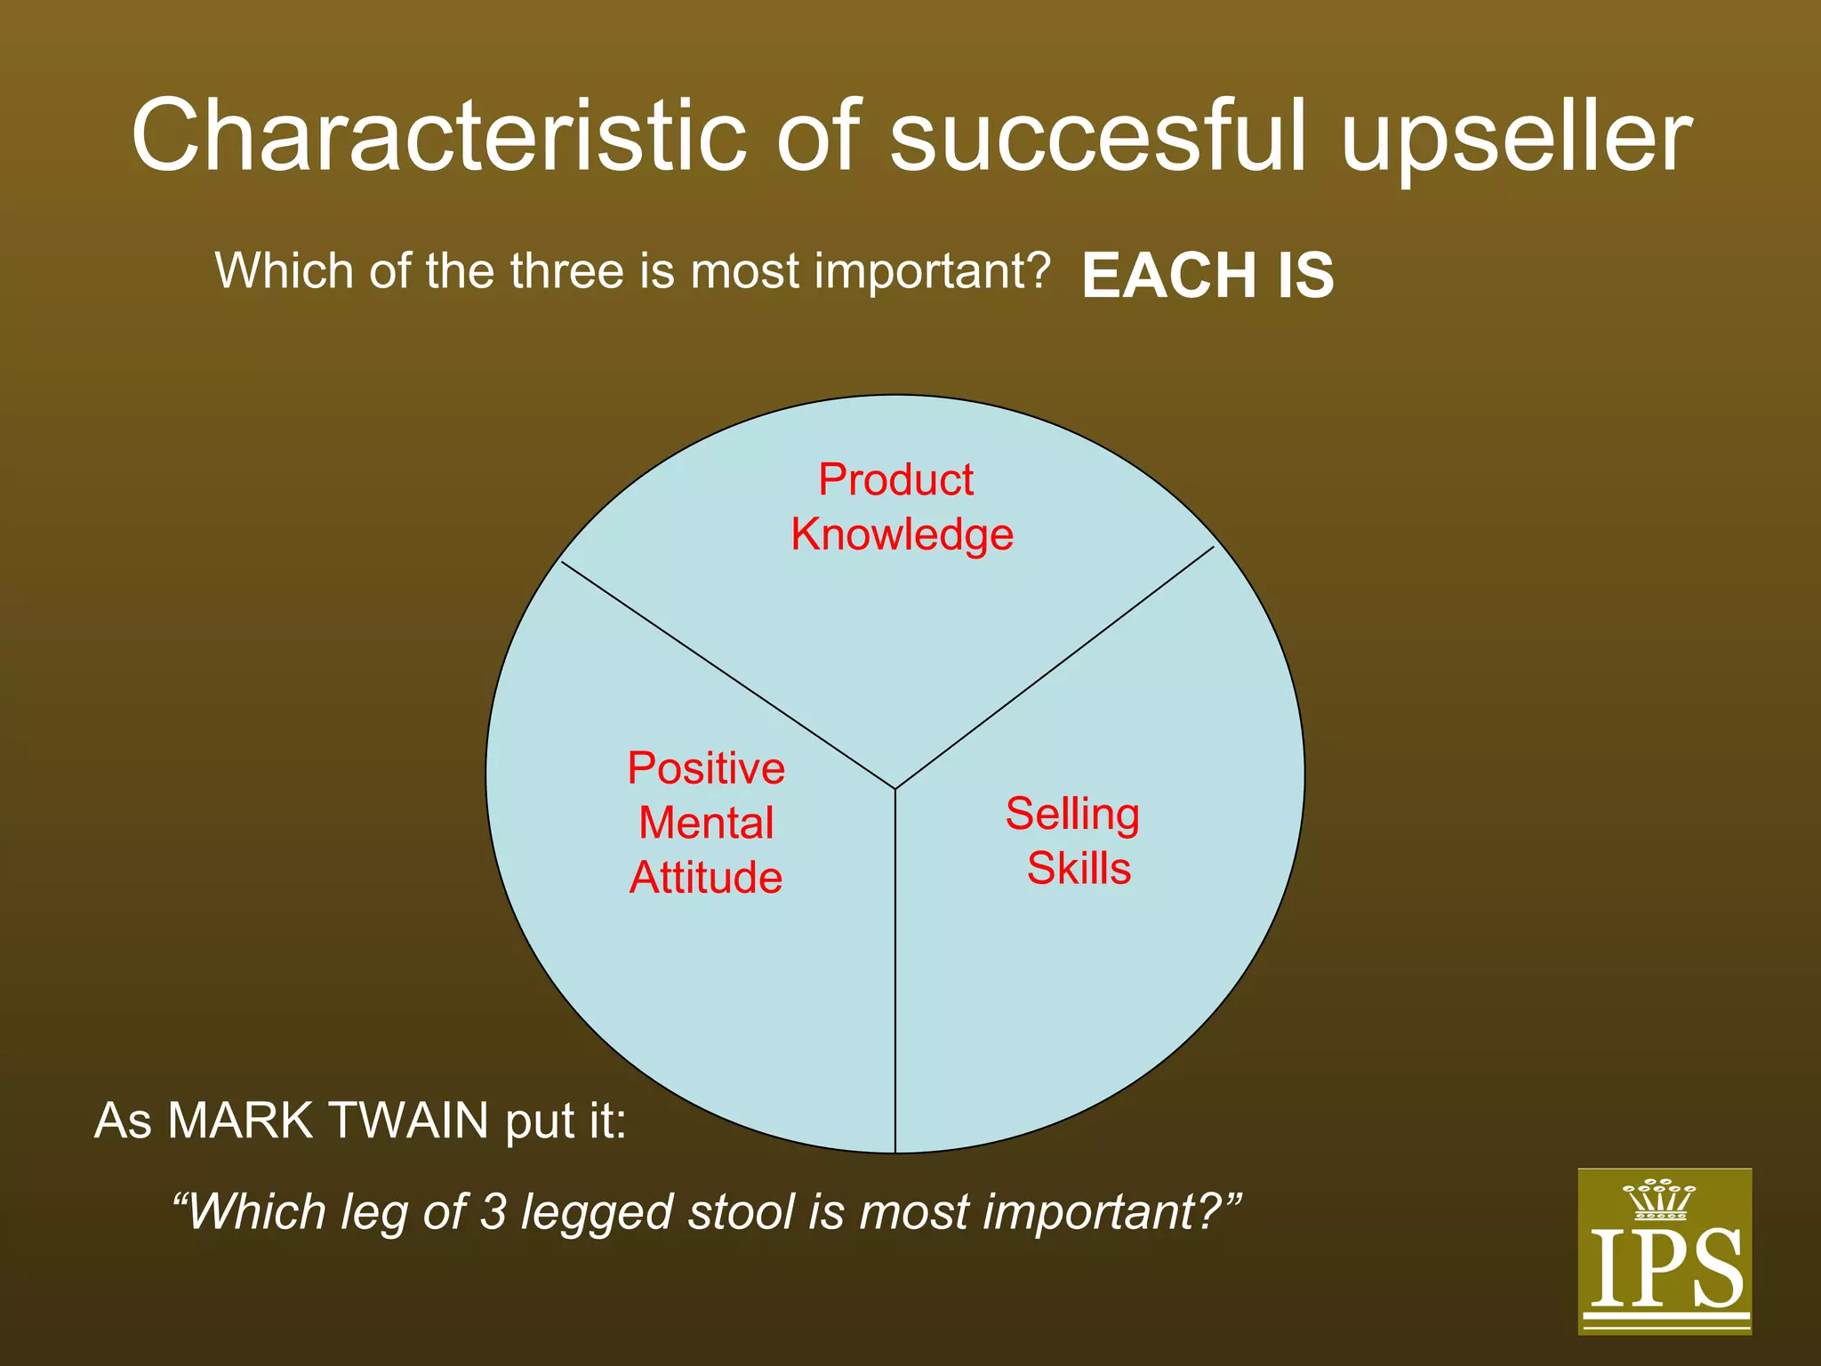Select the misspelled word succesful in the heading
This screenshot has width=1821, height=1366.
(1098, 135)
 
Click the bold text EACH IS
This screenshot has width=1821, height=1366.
(1207, 275)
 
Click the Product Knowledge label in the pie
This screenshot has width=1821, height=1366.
(900, 507)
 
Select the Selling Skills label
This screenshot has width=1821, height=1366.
(1074, 840)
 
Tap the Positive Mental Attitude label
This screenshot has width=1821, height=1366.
(706, 823)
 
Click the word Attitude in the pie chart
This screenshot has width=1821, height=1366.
(706, 878)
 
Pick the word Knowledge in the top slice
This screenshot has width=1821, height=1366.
(902, 535)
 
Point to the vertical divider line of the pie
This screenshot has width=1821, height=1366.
(894, 978)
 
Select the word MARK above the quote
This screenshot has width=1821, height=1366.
(240, 1121)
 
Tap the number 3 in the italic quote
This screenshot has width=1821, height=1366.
(493, 1211)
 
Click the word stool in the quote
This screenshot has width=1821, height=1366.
(743, 1211)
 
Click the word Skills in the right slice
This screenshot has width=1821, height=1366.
(1079, 868)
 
